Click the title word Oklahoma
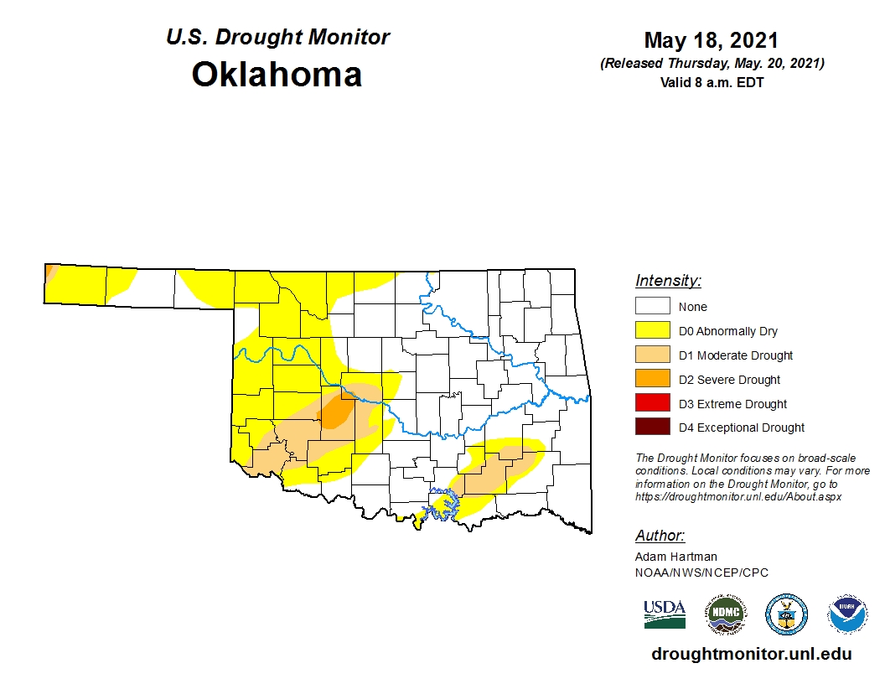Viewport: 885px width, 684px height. coord(277,74)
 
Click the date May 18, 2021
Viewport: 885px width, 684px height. coord(711,40)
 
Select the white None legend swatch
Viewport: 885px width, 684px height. coord(652,307)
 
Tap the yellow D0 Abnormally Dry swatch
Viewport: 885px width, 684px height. coord(652,331)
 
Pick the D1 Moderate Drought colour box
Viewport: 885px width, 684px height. coord(652,355)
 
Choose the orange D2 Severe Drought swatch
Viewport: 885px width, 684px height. coord(652,380)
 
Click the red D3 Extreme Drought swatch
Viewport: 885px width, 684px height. coord(652,403)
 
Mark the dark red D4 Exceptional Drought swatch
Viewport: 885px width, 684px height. coord(652,427)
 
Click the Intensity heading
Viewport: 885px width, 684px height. coord(668,281)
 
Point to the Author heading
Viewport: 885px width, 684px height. coord(660,536)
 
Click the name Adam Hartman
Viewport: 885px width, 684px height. coord(675,557)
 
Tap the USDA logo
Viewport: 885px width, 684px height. coord(665,614)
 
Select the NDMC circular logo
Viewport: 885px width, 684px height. coord(725,614)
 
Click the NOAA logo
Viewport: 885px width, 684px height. coord(847,614)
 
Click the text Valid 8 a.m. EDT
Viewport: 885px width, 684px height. coord(712,82)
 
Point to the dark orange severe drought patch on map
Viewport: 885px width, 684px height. coord(338,411)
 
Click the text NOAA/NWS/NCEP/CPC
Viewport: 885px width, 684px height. coord(701,573)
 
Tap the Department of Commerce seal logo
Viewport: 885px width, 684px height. coord(786,614)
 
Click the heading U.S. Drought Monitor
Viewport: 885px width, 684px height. coord(277,38)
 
